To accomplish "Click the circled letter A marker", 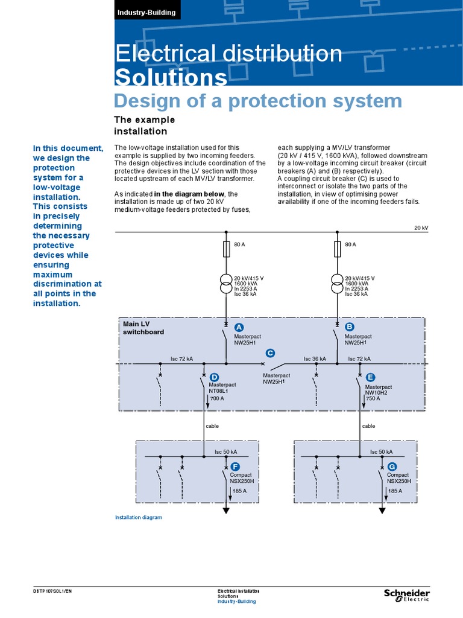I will (239, 327).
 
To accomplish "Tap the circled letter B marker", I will (349, 327).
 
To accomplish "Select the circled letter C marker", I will (270, 353).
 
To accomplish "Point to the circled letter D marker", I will (214, 377).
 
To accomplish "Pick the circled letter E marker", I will (370, 377).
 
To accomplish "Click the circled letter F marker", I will (235, 467).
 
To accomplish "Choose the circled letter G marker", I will (392, 467).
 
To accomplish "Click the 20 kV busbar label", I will (420, 228).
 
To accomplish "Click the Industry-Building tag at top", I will (146, 12).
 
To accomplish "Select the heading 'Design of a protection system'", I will (258, 100).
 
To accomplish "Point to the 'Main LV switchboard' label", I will (143, 328).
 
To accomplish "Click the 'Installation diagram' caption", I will (139, 517).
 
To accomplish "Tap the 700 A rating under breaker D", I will (217, 398).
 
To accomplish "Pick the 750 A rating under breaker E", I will (373, 398).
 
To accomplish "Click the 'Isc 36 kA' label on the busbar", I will (315, 358).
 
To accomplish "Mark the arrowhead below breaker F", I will (227, 510).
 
